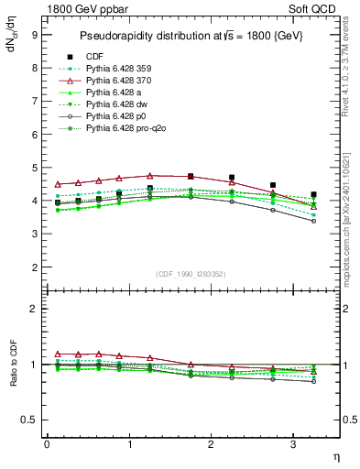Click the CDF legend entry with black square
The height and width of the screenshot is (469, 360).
pyautogui.click(x=93, y=56)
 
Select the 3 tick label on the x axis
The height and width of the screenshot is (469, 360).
pyautogui.click(x=293, y=444)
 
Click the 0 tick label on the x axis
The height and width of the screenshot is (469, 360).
pyautogui.click(x=47, y=444)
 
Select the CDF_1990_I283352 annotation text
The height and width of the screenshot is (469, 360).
pyautogui.click(x=191, y=274)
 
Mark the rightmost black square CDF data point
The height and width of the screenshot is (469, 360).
pyautogui.click(x=314, y=194)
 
